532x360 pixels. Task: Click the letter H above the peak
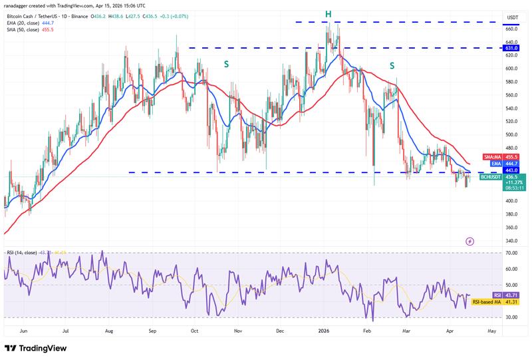click(328, 13)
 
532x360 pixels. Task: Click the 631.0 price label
click(493, 48)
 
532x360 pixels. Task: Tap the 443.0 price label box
click(493, 171)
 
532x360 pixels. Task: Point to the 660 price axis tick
click(493, 29)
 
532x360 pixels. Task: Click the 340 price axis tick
click(493, 240)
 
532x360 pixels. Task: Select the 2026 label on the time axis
click(325, 330)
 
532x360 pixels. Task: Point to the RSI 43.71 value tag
click(493, 294)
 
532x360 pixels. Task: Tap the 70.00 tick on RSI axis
click(493, 254)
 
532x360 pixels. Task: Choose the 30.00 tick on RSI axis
click(493, 317)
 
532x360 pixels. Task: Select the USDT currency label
click(493, 17)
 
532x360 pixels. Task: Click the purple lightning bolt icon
click(470, 241)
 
